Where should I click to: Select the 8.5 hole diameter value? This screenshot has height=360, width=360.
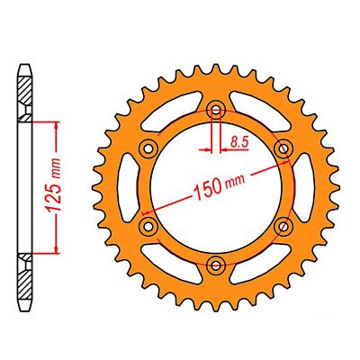pos(238,142)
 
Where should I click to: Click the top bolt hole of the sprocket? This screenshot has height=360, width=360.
pos(216,111)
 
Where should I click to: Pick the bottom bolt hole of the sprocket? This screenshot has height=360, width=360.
pos(216,263)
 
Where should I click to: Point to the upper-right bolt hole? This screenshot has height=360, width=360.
pos(283,148)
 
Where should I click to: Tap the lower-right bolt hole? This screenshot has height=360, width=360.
pos(283,225)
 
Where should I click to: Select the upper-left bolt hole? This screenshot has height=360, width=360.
pos(149,148)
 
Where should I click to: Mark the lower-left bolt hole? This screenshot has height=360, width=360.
pos(149,225)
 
